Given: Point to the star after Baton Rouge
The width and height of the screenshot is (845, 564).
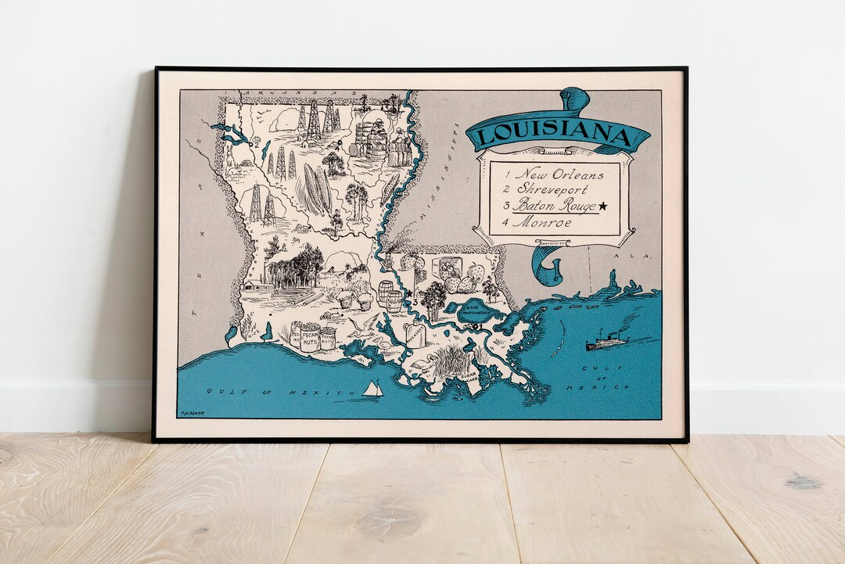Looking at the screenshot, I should click(603, 207).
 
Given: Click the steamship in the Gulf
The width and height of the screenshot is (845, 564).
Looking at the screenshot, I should click(606, 341).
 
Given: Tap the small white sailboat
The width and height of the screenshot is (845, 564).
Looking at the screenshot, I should click(373, 389).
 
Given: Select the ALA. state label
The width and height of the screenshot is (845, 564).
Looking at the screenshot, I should click(623, 257).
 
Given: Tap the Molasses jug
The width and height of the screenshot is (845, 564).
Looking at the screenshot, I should click(415, 335).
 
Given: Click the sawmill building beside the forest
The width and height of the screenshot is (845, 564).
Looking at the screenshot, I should click(259, 286).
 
